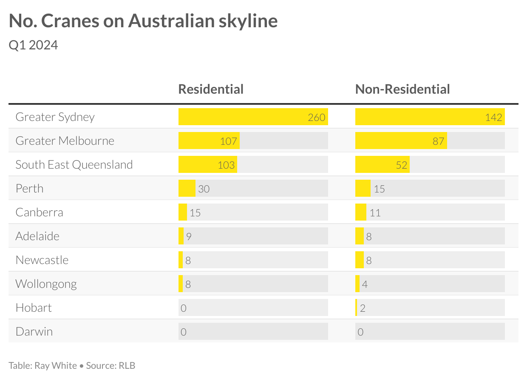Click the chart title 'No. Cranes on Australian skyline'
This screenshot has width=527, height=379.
(143, 21)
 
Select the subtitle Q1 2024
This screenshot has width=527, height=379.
(33, 45)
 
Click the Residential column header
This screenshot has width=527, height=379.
(211, 89)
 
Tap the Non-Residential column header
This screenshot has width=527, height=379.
(402, 89)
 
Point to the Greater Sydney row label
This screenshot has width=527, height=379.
(55, 117)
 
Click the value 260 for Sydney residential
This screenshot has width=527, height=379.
(317, 117)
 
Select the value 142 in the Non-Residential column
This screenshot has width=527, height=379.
(493, 117)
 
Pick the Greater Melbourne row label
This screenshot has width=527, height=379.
(65, 141)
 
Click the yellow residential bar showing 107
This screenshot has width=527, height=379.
(209, 141)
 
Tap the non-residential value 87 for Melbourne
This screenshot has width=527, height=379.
(438, 141)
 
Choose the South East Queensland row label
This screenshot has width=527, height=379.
(74, 164)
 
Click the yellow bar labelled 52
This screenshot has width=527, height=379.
(382, 165)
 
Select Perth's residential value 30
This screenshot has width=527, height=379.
(204, 189)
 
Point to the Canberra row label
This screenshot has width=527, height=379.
(39, 212)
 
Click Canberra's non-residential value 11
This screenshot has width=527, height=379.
(375, 212)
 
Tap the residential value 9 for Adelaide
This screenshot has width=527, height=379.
(188, 236)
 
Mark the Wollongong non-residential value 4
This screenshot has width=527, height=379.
(365, 284)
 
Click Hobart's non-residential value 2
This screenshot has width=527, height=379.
(363, 308)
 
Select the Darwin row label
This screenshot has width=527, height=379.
(34, 331)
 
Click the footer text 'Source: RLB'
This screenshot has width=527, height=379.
(110, 365)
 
